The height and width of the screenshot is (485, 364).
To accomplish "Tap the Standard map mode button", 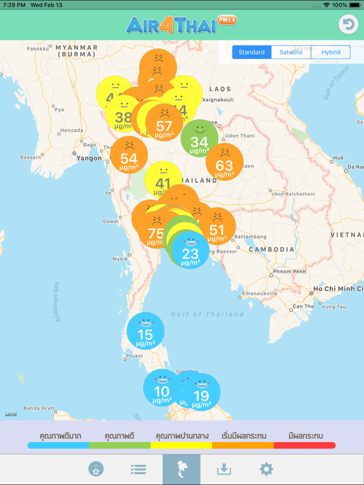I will click(x=252, y=52).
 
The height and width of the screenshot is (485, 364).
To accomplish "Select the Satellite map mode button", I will click(x=291, y=52).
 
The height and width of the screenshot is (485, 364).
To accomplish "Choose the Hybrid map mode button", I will click(x=331, y=52).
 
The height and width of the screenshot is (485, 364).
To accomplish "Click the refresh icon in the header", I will click(x=348, y=24).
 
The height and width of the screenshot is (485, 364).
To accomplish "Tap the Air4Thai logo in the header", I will click(x=181, y=25).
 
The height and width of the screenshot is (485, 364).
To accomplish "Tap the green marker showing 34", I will click(x=199, y=138).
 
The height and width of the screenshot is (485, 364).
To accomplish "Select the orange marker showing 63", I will click(x=224, y=162).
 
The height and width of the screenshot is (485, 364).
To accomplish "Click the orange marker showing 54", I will click(x=129, y=155).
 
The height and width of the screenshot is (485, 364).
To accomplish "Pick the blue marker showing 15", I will click(x=145, y=331).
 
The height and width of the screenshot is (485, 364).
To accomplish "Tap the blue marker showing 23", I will click(x=190, y=250).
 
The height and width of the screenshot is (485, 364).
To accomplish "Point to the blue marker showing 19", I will click(x=202, y=393).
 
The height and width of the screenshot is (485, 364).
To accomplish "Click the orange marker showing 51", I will click(x=217, y=226).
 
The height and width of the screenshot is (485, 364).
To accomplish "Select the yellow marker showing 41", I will click(x=163, y=180).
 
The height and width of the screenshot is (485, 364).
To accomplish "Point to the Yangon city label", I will click(x=88, y=159).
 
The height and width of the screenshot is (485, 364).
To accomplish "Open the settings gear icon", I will click(x=266, y=469).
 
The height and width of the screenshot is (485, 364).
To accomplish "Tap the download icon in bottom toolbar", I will click(x=224, y=469).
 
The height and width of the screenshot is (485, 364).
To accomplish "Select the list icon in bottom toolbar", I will click(x=138, y=469).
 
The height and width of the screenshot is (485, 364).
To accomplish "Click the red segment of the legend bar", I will click(x=305, y=445).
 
